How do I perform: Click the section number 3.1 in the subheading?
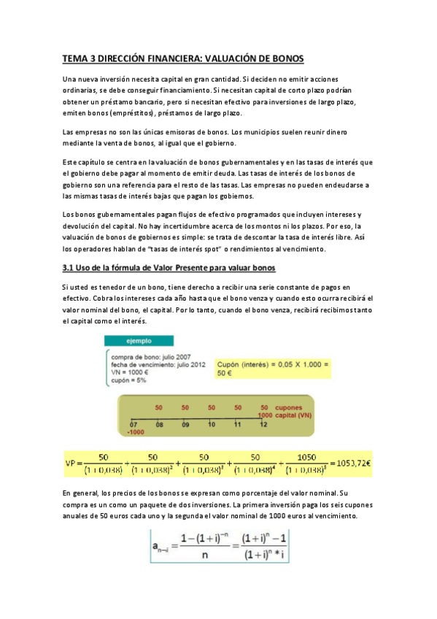point(71,267)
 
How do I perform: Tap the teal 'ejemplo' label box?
point(127,340)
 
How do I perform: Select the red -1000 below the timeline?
point(136,431)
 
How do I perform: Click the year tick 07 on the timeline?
point(134,423)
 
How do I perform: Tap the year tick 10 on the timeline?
point(212,423)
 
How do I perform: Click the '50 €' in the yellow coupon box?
point(225,372)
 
